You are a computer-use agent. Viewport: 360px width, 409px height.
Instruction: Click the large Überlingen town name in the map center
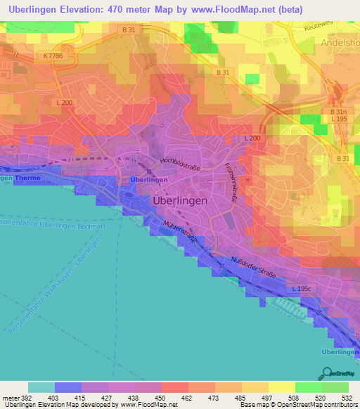pyautogui.click(x=180, y=200)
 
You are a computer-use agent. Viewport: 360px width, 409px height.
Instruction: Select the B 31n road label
pyautogui.click(x=340, y=112)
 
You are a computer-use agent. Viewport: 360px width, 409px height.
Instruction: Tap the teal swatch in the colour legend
pyautogui.click(x=41, y=387)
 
